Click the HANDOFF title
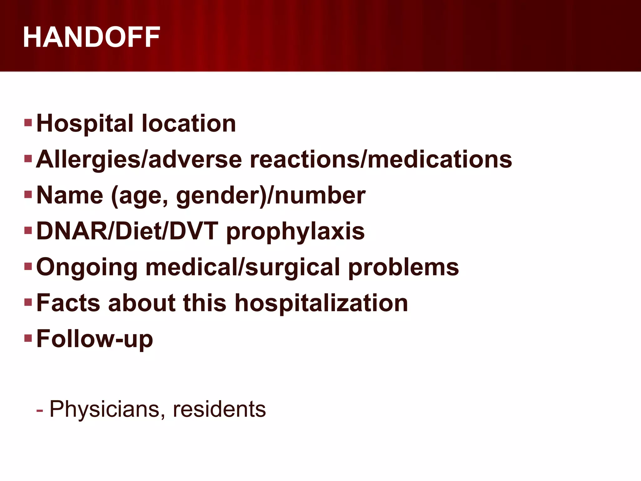point(91,37)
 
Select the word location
point(189,123)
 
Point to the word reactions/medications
point(381,159)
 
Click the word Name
point(70,195)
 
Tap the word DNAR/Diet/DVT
point(127,231)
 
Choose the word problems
point(403,267)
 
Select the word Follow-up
point(95,339)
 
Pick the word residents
point(219,409)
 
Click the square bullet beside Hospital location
point(28,122)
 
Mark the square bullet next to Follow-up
point(28,338)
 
